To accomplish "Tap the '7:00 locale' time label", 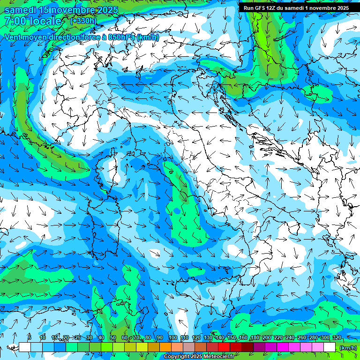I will coord(33,21).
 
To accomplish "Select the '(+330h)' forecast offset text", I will coord(83,21).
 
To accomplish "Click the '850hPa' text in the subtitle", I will coord(119,37).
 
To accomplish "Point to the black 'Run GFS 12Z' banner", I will coord(296,8).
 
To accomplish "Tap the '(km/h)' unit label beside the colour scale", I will coord(348,347).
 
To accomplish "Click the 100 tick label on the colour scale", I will coord(172,338).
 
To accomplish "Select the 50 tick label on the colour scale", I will coord(113,338).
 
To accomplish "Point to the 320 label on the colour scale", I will coord(337,338).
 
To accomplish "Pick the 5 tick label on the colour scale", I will coord(30,338).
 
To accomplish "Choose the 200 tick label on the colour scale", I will coord(266,338).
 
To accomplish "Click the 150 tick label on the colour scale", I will coord(231,338).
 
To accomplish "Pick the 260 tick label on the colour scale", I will coord(301,338).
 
